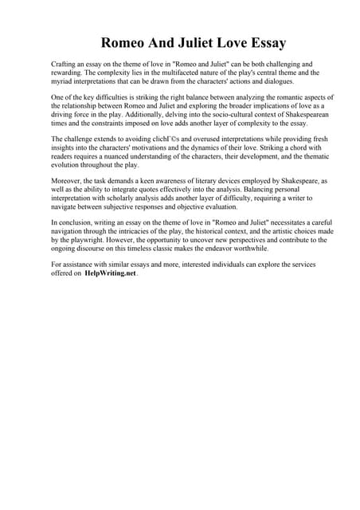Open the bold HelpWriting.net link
tap(111, 273)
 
